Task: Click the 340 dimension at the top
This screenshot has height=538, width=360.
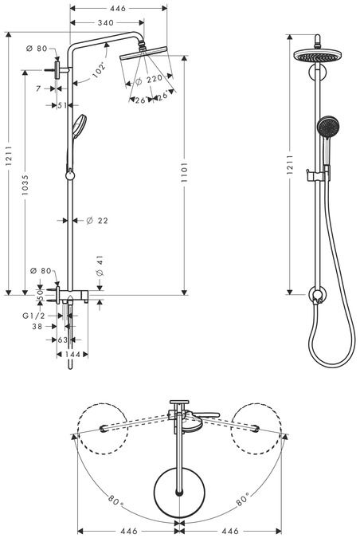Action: point(106,22)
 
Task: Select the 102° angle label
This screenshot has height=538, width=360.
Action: point(100,69)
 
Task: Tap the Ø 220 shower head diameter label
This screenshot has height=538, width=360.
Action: point(149,81)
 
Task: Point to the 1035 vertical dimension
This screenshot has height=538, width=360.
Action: point(25,185)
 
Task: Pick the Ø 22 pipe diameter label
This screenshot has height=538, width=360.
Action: point(97,221)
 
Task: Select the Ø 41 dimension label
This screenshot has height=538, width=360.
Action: point(100,266)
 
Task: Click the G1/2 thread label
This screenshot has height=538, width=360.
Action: point(33,316)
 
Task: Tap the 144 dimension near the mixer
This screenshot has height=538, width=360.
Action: point(72,354)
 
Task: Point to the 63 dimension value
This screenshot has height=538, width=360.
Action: point(63,340)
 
